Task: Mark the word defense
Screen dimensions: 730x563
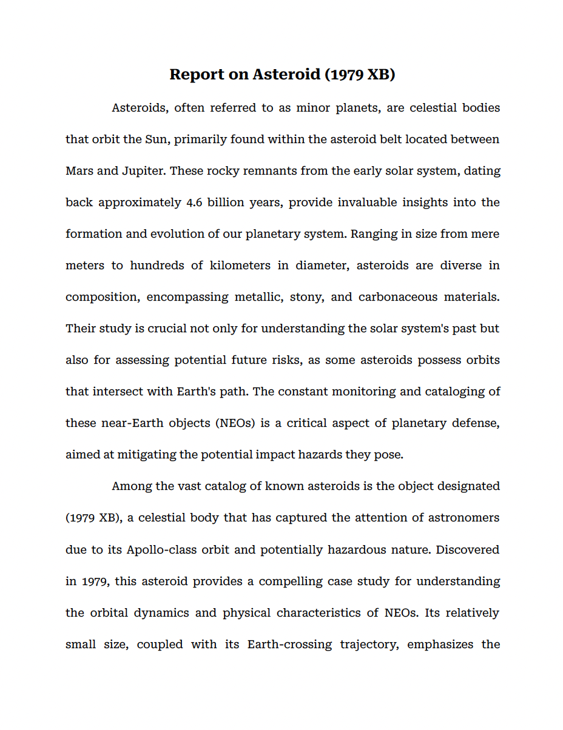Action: (x=476, y=423)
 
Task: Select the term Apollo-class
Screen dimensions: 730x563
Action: (x=160, y=550)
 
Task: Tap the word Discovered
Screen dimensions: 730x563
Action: (x=468, y=550)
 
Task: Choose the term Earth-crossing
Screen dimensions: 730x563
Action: (x=289, y=645)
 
